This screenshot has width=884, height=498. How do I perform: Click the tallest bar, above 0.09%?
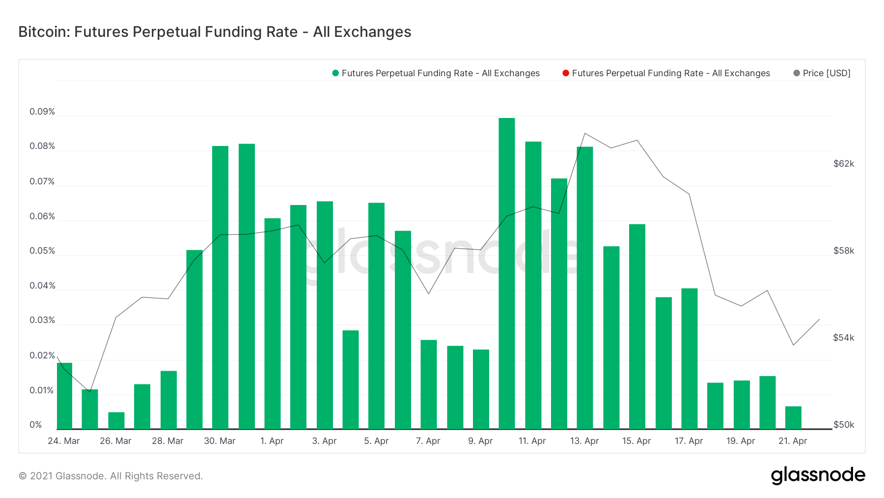506,273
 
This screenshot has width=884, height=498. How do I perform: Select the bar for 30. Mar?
220,288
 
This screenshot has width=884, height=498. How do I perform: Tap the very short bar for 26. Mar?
116,421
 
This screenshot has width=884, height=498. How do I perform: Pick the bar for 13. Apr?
584,288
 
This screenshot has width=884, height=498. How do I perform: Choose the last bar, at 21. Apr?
793,418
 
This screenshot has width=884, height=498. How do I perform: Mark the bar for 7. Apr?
429,384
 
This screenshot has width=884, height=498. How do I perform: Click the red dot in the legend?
566,73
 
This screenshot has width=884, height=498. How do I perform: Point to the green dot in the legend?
335,73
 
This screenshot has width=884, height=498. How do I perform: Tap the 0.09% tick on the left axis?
42,112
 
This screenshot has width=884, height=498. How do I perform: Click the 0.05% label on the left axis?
42,251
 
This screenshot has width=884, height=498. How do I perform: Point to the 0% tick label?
36,425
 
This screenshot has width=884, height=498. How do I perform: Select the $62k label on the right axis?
844,164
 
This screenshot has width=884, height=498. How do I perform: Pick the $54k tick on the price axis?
844,338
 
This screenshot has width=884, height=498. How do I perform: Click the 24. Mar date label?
64,441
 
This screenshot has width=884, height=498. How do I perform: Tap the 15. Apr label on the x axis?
636,441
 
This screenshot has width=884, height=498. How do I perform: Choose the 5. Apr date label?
376,441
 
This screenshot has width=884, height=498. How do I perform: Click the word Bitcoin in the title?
44,32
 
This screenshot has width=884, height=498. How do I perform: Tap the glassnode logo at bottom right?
818,475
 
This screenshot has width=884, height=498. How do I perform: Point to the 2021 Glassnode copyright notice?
110,476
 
